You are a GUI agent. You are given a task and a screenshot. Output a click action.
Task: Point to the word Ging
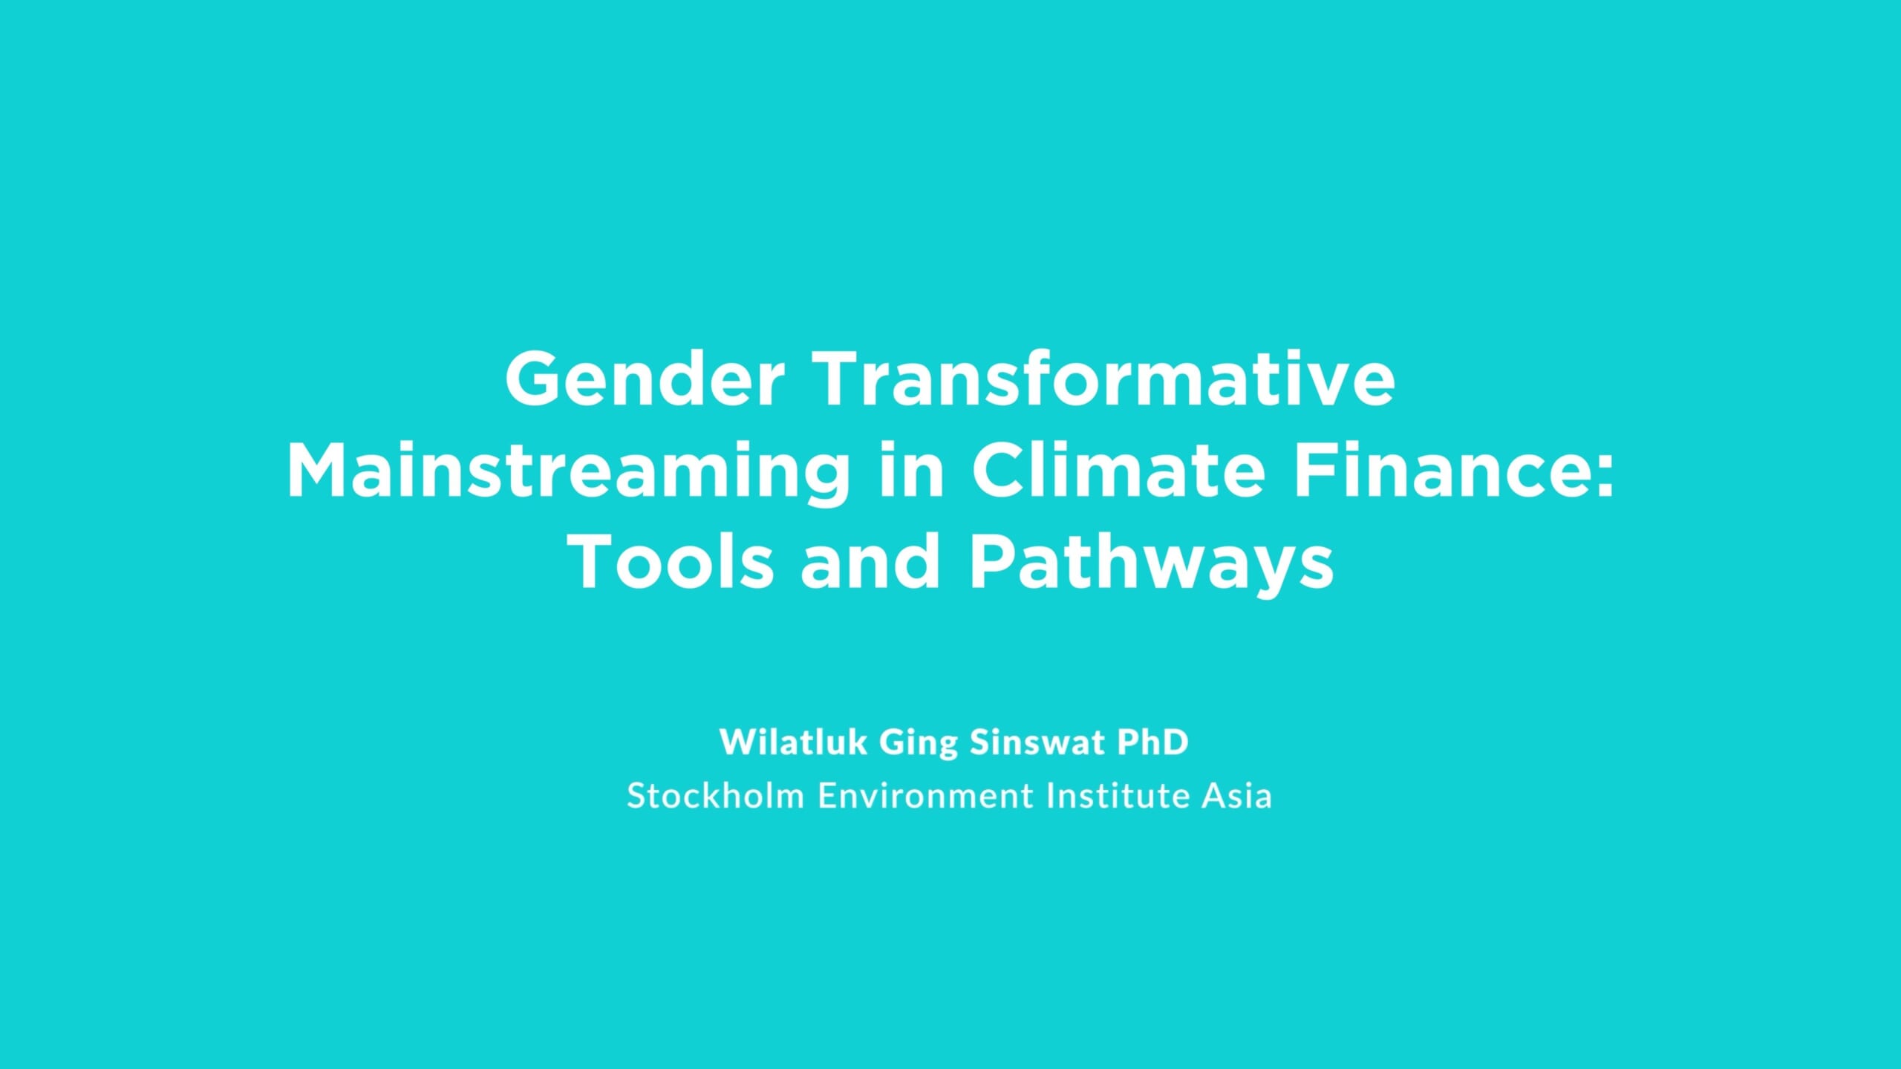point(919,745)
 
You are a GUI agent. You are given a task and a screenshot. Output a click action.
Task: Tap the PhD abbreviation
point(1153,742)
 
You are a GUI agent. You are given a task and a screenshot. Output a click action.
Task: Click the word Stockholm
point(716,795)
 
